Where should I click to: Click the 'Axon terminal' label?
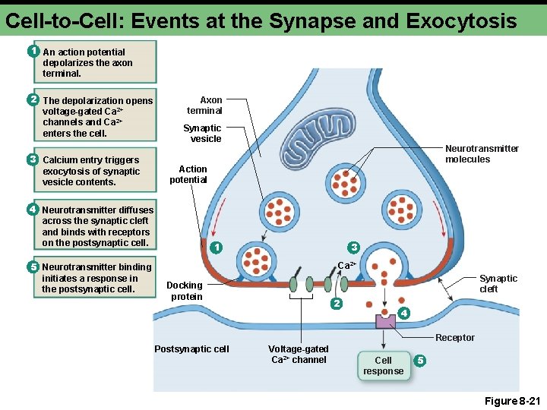point(204,105)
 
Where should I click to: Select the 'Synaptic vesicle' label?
point(202,134)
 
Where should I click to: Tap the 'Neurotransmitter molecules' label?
point(482,153)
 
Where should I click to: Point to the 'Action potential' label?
point(188,174)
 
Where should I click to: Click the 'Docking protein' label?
point(186,291)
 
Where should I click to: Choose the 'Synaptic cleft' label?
point(498,283)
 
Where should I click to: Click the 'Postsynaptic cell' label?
point(191,348)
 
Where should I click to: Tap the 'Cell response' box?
point(383,365)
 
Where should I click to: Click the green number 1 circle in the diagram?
point(217,248)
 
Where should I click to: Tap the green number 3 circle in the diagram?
point(353,247)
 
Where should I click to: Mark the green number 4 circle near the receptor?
point(404,313)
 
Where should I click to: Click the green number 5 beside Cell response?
point(420,359)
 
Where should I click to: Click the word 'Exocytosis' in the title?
point(461,20)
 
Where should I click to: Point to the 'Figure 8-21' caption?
point(511,400)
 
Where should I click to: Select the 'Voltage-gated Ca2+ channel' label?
point(299,354)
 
